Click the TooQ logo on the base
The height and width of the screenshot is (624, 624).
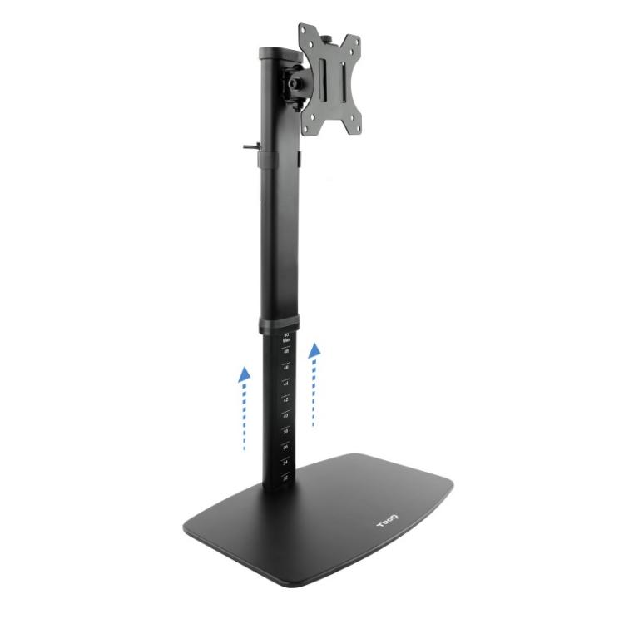[389, 523]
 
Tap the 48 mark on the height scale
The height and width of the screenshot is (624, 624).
[286, 352]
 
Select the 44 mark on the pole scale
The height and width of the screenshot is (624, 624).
[286, 384]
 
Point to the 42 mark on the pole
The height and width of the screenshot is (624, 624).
[286, 399]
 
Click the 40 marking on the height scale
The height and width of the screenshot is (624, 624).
[286, 415]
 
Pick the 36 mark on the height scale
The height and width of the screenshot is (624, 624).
[286, 447]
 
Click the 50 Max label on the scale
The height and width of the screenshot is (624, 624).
[286, 337]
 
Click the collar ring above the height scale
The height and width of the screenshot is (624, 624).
[279, 325]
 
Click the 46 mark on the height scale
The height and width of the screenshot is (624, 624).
[286, 368]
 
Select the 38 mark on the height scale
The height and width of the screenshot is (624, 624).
[286, 431]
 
